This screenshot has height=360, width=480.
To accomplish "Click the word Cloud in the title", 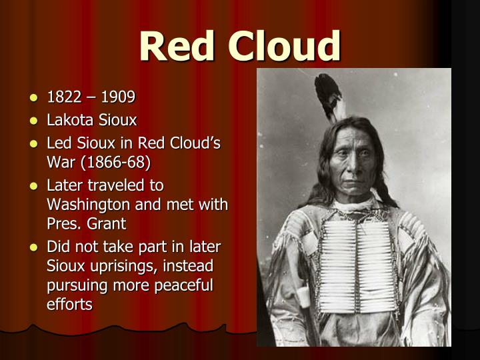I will pos(285,46).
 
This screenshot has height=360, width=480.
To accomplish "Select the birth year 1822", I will pos(63,97).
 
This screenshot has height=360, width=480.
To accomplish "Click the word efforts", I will pos(69,304).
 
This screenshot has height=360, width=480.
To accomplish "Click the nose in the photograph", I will pos(360,165).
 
